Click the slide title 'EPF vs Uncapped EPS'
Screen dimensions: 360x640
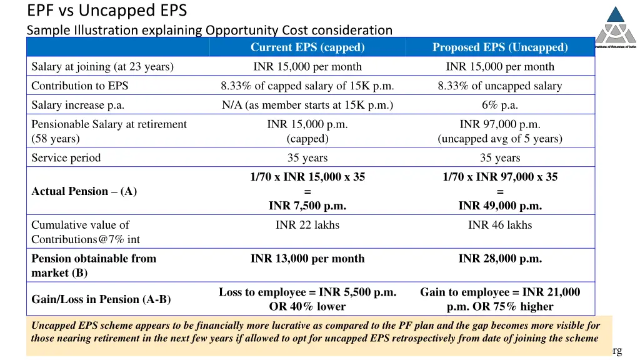click(x=107, y=11)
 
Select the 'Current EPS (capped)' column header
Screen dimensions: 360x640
click(x=307, y=47)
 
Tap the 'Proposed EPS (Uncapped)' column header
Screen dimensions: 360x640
click(x=499, y=47)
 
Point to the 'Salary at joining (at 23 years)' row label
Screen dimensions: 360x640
click(x=102, y=67)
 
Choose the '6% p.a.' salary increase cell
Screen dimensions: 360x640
click(x=499, y=106)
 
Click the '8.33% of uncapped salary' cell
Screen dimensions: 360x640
click(x=499, y=86)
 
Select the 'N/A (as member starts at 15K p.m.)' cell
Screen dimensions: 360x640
click(x=307, y=106)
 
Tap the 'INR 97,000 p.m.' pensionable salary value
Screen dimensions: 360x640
click(x=499, y=124)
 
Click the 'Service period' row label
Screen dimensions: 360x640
click(x=66, y=158)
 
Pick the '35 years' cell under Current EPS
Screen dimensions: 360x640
click(x=307, y=158)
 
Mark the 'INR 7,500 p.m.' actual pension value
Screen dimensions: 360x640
click(x=307, y=206)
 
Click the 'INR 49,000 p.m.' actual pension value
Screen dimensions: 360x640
click(x=499, y=206)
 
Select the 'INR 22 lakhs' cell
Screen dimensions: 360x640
click(x=307, y=225)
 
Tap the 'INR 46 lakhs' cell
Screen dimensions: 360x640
click(x=499, y=225)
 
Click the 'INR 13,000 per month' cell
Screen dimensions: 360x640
click(x=307, y=259)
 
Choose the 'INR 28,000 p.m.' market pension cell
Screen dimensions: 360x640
click(x=499, y=259)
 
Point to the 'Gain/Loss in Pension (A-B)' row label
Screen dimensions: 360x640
click(x=101, y=299)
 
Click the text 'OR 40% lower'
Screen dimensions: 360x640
click(x=307, y=307)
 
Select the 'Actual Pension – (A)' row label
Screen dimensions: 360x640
click(x=84, y=192)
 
